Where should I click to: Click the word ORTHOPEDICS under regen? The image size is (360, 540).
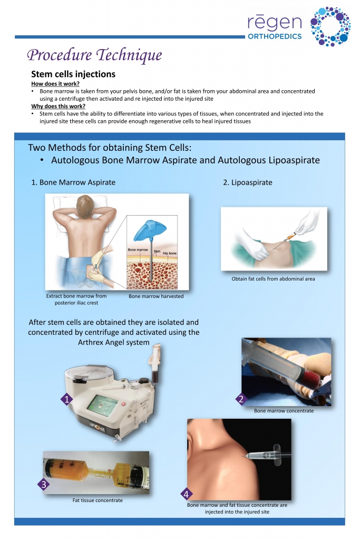pyautogui.click(x=275, y=36)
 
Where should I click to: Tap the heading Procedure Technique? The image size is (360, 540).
pyautogui.click(x=94, y=55)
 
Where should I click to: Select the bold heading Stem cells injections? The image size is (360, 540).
pyautogui.click(x=73, y=74)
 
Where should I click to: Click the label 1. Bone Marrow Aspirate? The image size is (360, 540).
pyautogui.click(x=73, y=182)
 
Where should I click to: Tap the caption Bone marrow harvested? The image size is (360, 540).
pyautogui.click(x=156, y=296)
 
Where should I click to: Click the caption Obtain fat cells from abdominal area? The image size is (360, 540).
pyautogui.click(x=273, y=279)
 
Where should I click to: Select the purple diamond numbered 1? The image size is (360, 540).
pyautogui.click(x=67, y=400)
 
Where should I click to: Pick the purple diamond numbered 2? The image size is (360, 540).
pyautogui.click(x=240, y=399)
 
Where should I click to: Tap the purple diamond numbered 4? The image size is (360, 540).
pyautogui.click(x=186, y=494)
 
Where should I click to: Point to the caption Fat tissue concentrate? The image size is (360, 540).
pyautogui.click(x=98, y=500)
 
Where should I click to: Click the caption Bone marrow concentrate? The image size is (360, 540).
pyautogui.click(x=284, y=411)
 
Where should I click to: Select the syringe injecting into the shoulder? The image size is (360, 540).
pyautogui.click(x=266, y=454)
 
